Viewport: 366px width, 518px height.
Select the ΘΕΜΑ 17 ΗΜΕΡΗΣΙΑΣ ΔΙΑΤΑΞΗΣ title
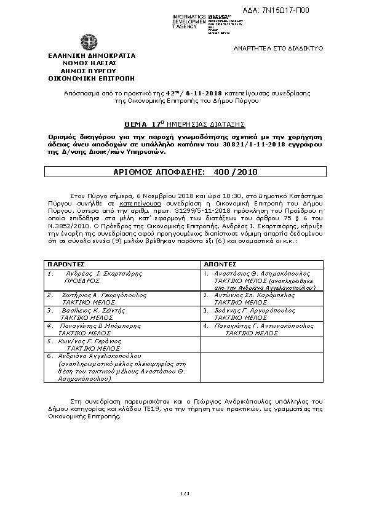click(x=183, y=123)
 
